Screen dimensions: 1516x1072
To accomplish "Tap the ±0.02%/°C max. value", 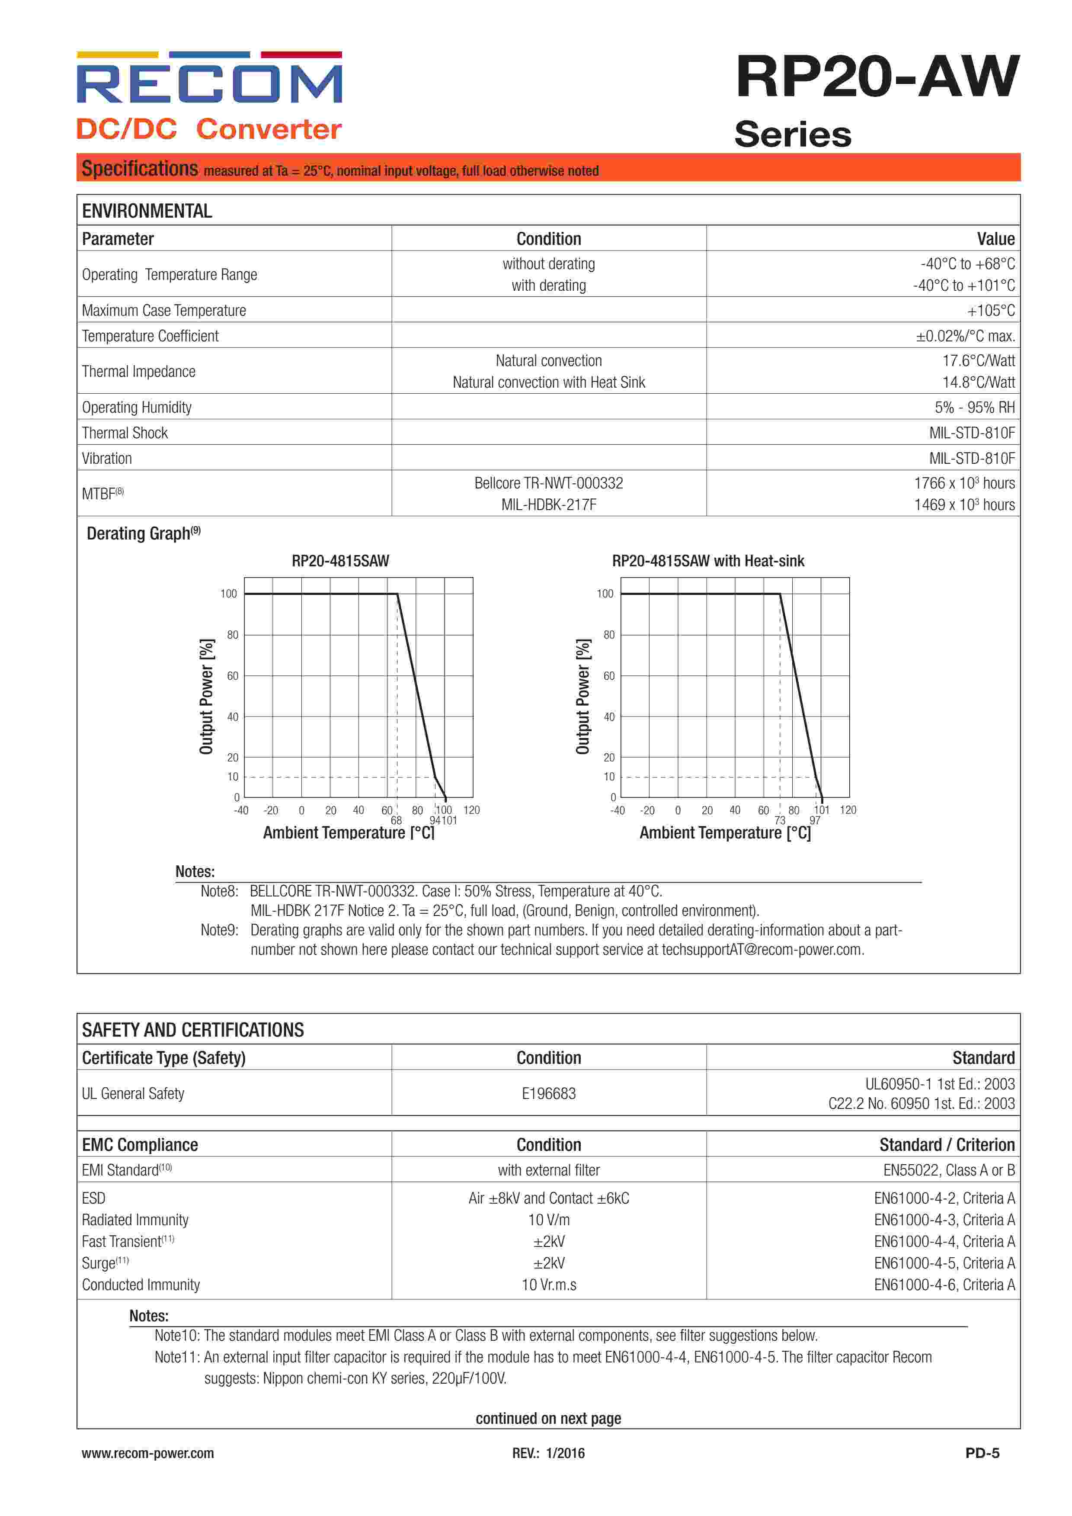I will [965, 336].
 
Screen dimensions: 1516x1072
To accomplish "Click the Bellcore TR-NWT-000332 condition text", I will [549, 483].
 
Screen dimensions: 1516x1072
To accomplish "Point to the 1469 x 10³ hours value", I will [964, 505].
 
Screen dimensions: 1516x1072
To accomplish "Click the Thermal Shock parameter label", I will [125, 433].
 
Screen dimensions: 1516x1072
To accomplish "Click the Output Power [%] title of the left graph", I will [207, 696].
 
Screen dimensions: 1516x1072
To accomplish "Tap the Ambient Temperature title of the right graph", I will [725, 833].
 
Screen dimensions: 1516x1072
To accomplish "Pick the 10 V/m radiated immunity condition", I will [549, 1220].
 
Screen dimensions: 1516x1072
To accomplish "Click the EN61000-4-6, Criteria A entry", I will [944, 1285].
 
